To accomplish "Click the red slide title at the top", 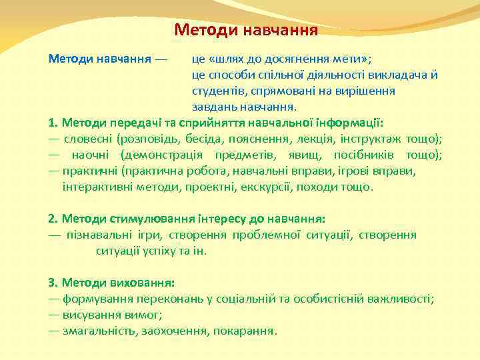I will point(246,30).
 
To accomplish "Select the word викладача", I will point(406,74).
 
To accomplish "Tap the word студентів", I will point(217,90).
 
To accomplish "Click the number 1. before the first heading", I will point(53,123).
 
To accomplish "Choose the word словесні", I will point(88,139).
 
